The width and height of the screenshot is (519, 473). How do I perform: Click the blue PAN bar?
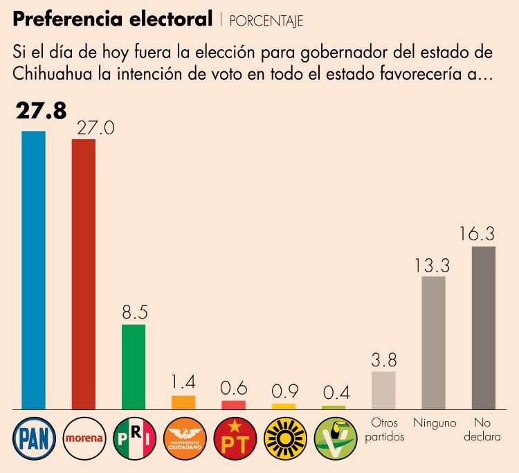tap(33, 270)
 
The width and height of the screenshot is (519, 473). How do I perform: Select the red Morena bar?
tap(84, 274)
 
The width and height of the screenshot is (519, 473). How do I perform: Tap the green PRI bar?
tap(134, 367)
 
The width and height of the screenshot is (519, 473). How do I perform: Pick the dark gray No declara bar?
tap(483, 328)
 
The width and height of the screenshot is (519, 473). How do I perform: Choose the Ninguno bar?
tap(433, 343)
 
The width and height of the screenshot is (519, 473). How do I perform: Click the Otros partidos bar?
tap(383, 391)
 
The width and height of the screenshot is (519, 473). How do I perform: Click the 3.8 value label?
tap(383, 359)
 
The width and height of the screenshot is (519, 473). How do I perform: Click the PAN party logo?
tap(33, 437)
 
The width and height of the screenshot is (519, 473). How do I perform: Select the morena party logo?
tap(84, 438)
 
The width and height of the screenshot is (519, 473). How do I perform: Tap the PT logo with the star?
tap(234, 438)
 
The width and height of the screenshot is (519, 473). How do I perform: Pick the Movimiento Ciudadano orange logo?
tap(184, 438)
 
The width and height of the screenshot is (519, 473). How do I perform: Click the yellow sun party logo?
tap(284, 438)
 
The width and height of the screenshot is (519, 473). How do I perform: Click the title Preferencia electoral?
tap(112, 19)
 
